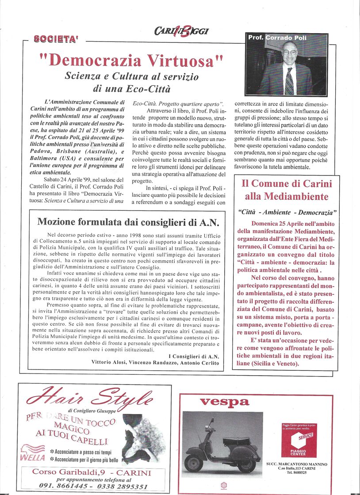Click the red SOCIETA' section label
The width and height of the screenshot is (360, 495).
click(56, 39)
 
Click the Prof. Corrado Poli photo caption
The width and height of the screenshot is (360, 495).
click(277, 38)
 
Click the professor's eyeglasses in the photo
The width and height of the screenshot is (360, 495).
click(290, 52)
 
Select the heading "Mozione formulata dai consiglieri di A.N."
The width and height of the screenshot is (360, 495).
click(128, 222)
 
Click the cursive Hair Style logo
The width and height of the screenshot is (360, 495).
click(90, 396)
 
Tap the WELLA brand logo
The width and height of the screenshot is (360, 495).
click(33, 458)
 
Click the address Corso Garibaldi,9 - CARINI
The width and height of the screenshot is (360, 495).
click(92, 472)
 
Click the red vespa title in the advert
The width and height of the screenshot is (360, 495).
click(224, 402)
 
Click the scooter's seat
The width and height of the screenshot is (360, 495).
click(237, 440)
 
